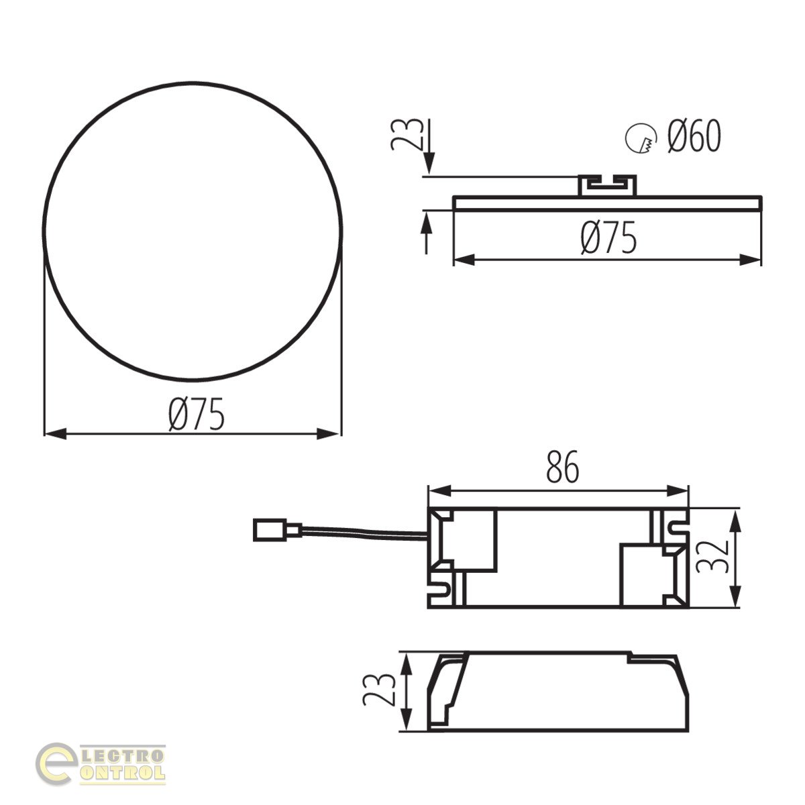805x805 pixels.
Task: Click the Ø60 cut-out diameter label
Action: click(694, 136)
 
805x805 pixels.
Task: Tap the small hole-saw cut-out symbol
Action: click(641, 138)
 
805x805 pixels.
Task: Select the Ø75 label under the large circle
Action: click(197, 414)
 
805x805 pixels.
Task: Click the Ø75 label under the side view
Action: click(608, 237)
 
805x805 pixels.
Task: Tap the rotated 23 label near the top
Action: click(406, 134)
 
